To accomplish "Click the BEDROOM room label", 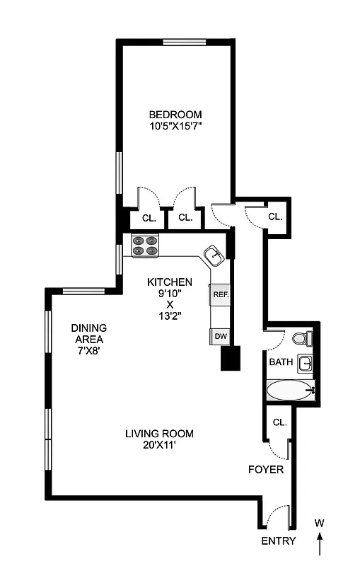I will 175,115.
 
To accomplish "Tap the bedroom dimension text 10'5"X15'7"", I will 175,127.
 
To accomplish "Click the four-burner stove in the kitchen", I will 146,246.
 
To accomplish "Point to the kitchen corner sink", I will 213,255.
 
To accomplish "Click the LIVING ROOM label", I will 159,434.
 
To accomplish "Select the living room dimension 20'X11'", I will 159,446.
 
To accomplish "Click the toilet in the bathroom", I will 303,339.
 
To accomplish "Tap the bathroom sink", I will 305,364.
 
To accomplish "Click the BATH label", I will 281,362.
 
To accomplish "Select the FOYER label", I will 266,469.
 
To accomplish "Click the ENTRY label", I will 278,541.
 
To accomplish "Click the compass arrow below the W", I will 320,543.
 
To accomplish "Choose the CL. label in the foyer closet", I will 279,422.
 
